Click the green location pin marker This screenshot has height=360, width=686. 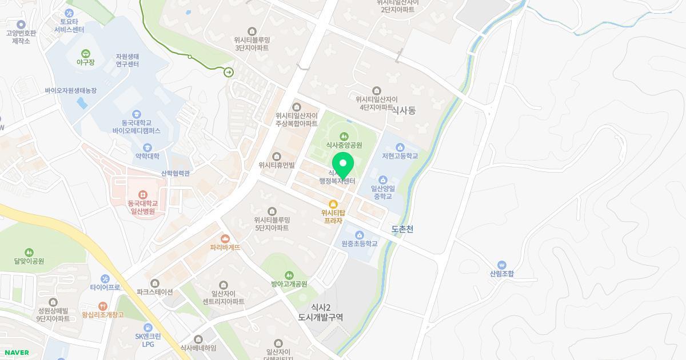click(343, 165)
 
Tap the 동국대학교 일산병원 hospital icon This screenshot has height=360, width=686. click(142, 195)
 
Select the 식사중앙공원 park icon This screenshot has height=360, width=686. click(344, 136)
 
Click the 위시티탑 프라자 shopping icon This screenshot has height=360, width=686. click(333, 204)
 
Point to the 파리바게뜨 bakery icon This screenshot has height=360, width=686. click(225, 238)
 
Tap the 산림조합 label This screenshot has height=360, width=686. click(501, 274)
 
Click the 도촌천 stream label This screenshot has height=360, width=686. click(402, 229)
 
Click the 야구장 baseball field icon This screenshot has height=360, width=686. click(85, 53)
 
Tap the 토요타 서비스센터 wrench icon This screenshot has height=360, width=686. click(69, 13)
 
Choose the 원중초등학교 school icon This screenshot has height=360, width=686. click(360, 234)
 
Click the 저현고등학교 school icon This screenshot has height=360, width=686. click(400, 147)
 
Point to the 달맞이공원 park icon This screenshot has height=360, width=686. click(29, 252)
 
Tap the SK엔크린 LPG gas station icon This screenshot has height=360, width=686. click(148, 327)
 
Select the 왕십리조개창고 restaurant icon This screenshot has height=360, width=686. click(102, 306)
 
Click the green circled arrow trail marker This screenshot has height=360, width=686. click(229, 72)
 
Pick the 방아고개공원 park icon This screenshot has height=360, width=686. click(289, 275)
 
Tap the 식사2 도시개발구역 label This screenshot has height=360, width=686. click(320, 312)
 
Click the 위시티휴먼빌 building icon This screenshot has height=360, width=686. click(277, 156)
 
